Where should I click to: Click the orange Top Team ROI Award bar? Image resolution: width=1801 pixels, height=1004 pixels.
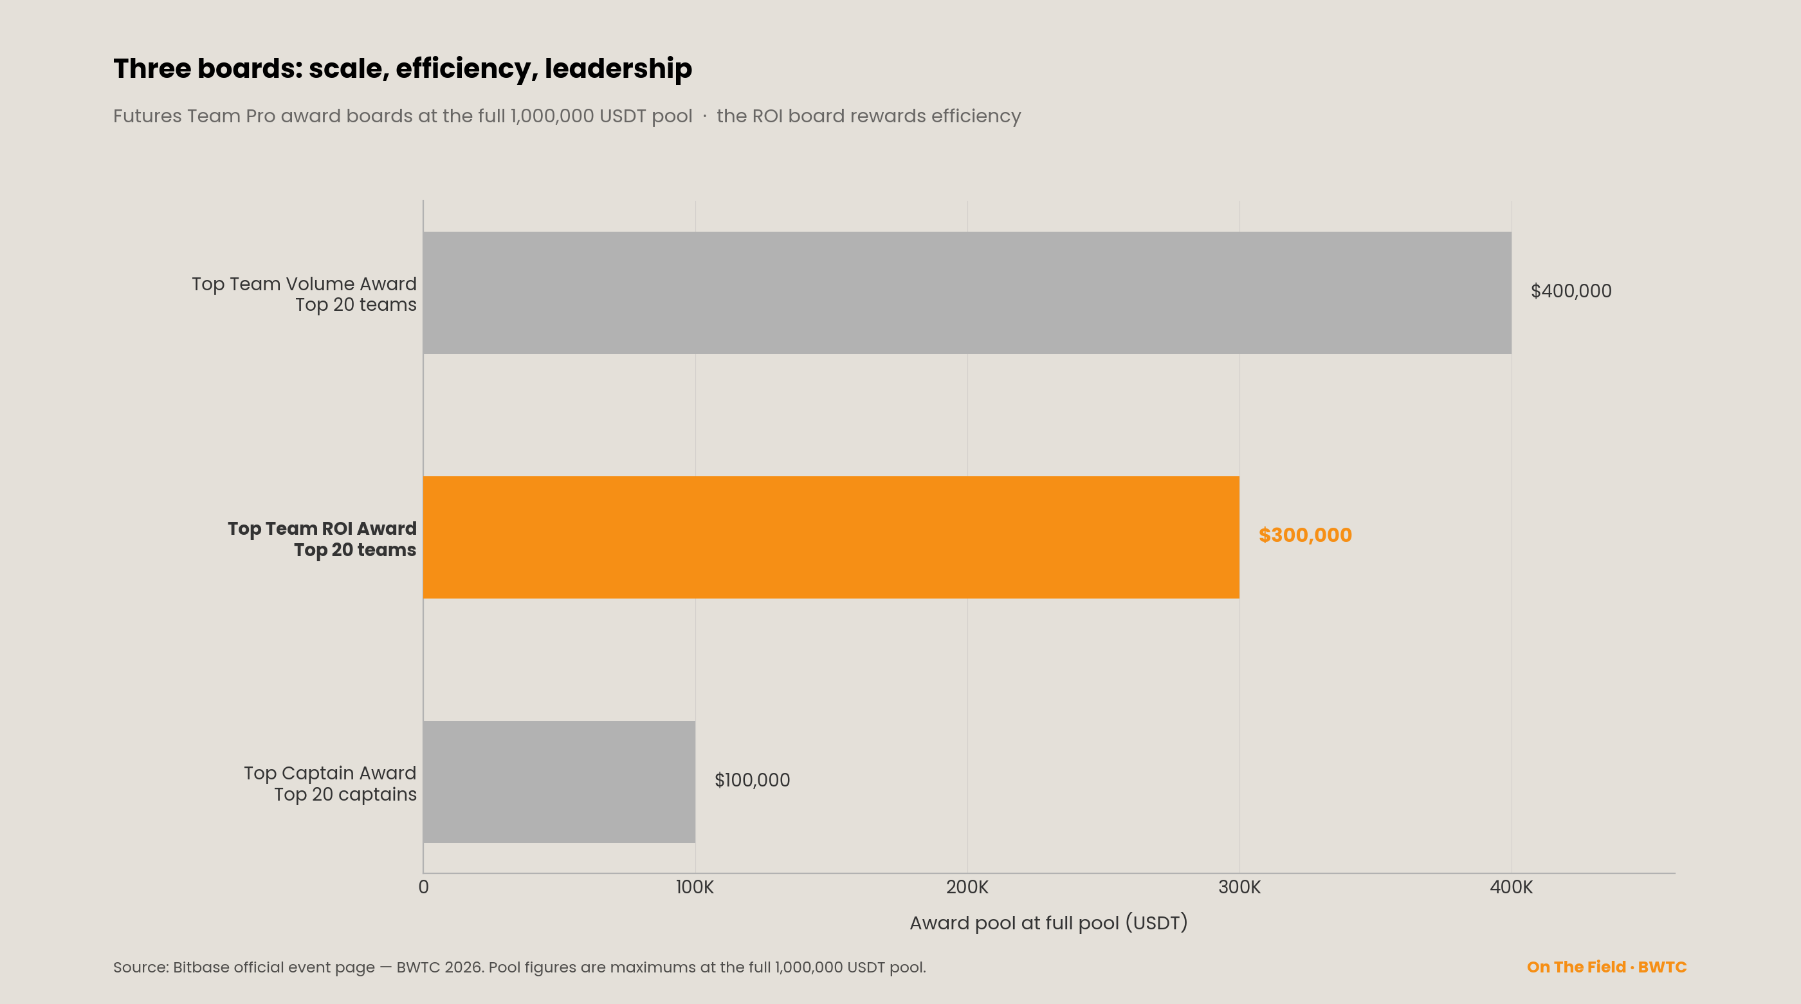(831, 537)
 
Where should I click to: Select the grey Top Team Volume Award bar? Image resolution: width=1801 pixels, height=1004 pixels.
(967, 292)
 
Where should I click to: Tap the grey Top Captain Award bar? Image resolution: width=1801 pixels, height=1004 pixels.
(560, 781)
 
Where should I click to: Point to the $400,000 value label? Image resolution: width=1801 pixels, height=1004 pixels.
(1571, 291)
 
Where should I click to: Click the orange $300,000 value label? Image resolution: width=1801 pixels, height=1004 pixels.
(1305, 535)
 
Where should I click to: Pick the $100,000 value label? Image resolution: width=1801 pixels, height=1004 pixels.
(753, 780)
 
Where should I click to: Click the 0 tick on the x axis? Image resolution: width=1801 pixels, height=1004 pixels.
(424, 887)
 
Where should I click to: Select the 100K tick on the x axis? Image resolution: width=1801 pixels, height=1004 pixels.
(695, 887)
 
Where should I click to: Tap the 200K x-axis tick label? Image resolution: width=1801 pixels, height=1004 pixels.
(967, 887)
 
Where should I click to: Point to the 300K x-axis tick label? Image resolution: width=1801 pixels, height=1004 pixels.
(1239, 887)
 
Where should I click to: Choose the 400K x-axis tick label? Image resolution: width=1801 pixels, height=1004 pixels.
(1512, 887)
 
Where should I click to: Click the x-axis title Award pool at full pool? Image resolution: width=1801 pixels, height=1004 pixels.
(1048, 923)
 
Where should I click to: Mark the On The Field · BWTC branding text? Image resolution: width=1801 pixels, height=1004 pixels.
(1607, 967)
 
